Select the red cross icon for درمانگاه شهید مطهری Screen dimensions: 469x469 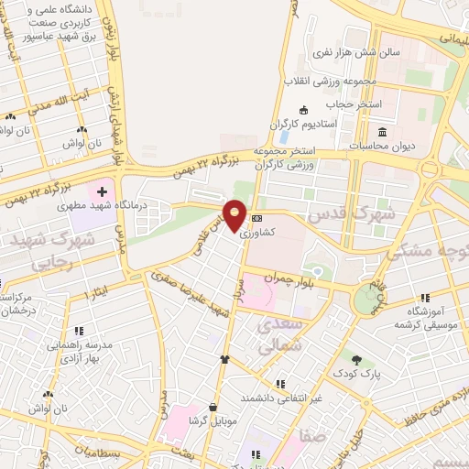pos(103,192)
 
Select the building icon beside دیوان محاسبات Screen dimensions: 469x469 pos(382,134)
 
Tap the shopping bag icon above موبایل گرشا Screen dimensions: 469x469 pos(213,406)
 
